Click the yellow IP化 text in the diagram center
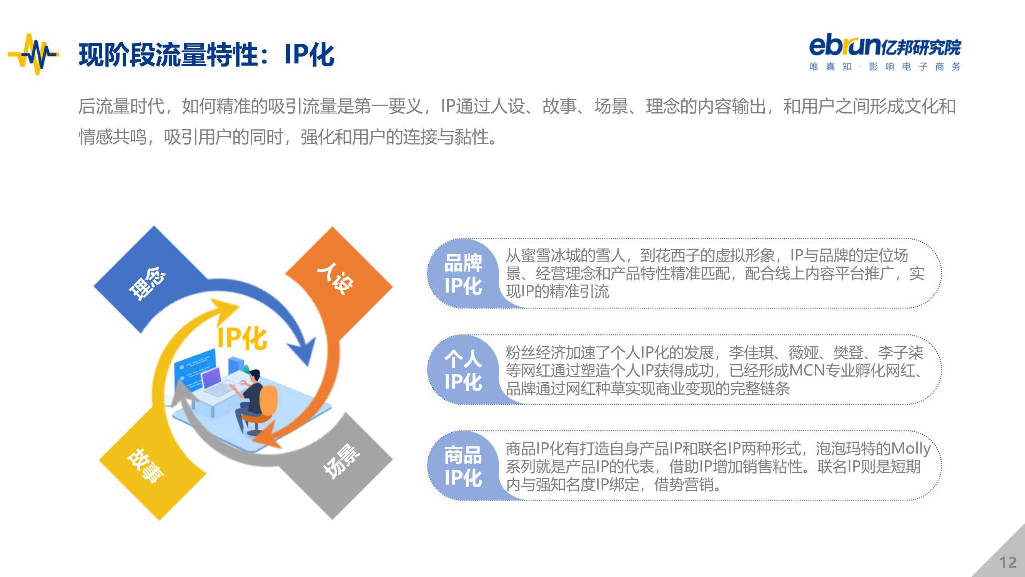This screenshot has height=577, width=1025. click(x=242, y=338)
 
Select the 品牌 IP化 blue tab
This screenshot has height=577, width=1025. click(x=463, y=274)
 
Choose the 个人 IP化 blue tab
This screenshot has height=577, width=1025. click(x=463, y=370)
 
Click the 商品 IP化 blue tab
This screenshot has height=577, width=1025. click(x=463, y=466)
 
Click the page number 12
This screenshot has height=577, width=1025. click(x=1007, y=563)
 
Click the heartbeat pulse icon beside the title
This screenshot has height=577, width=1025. click(x=33, y=54)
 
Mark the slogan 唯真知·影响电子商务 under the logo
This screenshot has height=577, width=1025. click(x=885, y=67)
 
